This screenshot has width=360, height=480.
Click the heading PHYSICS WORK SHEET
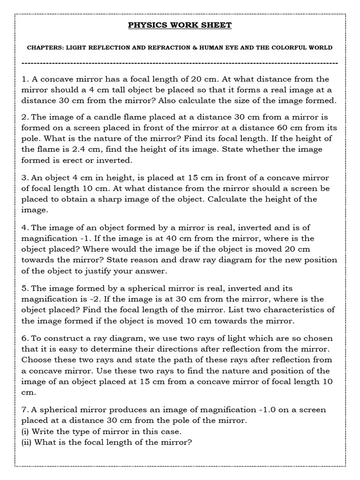[180, 25]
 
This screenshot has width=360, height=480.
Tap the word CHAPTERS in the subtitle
[45, 48]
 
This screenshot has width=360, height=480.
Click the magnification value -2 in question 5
[102, 299]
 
